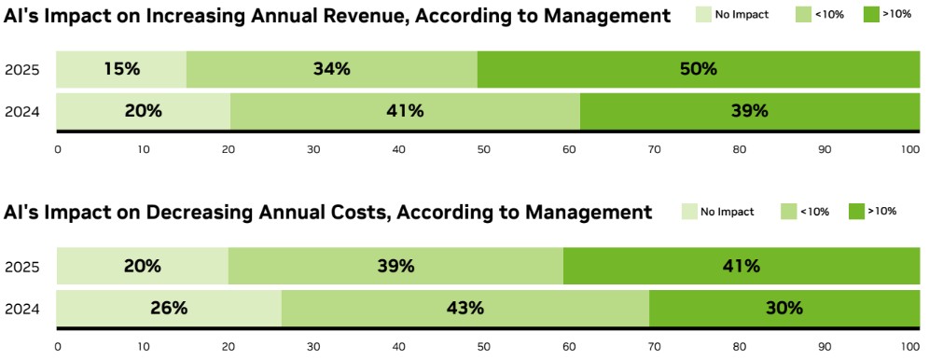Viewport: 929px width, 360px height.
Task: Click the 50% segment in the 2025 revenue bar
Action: click(699, 69)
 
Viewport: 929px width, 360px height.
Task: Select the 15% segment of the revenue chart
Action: click(121, 69)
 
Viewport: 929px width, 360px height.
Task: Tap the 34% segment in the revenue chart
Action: click(332, 69)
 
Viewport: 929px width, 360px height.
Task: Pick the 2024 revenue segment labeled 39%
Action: click(750, 111)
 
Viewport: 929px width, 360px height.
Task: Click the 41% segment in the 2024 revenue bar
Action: click(405, 111)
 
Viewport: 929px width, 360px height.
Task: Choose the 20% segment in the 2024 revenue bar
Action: click(144, 111)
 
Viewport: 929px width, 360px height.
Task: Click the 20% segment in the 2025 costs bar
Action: click(142, 267)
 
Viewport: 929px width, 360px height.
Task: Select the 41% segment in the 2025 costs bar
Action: click(742, 267)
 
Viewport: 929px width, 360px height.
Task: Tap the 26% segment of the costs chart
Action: click(169, 308)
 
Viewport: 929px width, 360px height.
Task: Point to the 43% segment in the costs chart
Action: click(465, 308)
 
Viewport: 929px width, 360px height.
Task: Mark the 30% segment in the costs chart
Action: click(784, 308)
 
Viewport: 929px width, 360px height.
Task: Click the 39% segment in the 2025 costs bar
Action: click(395, 267)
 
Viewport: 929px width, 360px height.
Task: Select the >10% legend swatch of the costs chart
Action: click(857, 211)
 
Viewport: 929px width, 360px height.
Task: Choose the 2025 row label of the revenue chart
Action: click(22, 70)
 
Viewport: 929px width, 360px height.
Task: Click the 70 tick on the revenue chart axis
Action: click(655, 149)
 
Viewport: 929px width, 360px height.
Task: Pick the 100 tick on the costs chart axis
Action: click(910, 346)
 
